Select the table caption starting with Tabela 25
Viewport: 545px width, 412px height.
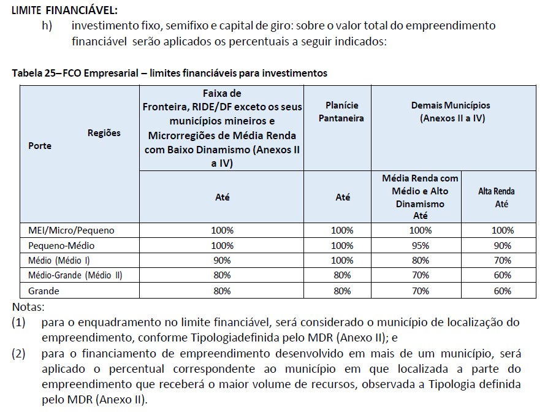[169, 73]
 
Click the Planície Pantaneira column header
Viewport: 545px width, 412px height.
[341, 111]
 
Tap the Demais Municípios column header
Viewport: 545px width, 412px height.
[451, 111]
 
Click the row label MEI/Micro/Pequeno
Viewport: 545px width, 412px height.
[71, 230]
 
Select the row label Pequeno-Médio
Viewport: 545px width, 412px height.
[63, 245]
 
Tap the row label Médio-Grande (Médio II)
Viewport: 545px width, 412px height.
[75, 275]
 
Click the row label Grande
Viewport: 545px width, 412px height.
[44, 291]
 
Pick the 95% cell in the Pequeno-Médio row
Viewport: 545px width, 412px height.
[420, 245]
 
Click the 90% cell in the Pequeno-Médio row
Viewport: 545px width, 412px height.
[502, 245]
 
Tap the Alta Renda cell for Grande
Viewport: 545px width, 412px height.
[502, 291]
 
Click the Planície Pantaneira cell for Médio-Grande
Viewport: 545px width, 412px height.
[341, 275]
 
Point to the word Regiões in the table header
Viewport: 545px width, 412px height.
[104, 132]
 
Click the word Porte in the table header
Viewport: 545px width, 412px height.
[40, 146]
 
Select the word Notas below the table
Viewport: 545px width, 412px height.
[28, 307]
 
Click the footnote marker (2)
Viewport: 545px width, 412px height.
[18, 354]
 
